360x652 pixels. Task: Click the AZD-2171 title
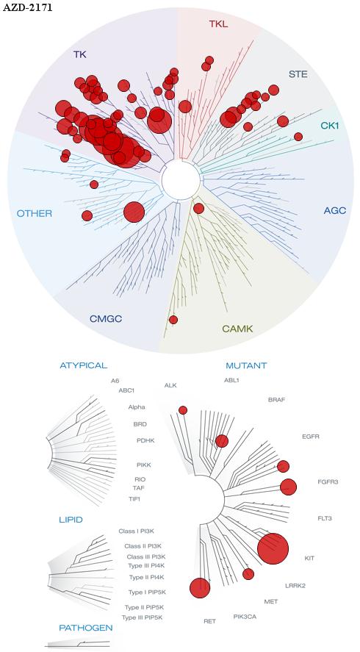click(x=28, y=7)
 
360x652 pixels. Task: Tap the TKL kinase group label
click(x=218, y=24)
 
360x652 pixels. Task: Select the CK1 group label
click(x=330, y=125)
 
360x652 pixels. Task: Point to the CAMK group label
click(x=238, y=329)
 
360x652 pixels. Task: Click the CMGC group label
click(x=106, y=319)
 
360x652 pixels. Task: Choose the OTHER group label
click(x=35, y=214)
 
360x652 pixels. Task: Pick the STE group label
click(x=298, y=75)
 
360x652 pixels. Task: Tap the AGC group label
click(x=335, y=210)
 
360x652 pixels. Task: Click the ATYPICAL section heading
click(x=84, y=366)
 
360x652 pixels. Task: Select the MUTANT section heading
click(x=246, y=366)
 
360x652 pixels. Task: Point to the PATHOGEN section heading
click(x=86, y=628)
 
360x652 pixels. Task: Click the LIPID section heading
click(x=71, y=520)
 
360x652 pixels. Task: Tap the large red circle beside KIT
click(x=273, y=549)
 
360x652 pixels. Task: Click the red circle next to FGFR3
click(x=288, y=487)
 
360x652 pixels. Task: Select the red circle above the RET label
click(x=200, y=588)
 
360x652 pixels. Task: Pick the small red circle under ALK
click(x=183, y=410)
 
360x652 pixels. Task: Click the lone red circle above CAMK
click(x=173, y=320)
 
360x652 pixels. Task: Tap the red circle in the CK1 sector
click(x=298, y=137)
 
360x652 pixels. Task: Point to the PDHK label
click(x=145, y=440)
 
